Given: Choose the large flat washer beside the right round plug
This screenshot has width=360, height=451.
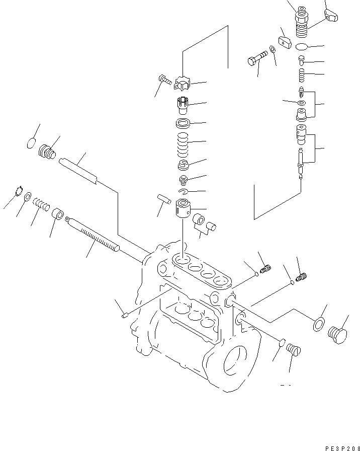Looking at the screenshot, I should [318, 325].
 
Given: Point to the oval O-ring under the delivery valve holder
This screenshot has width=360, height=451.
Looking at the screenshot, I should [302, 47].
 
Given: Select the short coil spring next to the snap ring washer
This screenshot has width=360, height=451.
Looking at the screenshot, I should [42, 204].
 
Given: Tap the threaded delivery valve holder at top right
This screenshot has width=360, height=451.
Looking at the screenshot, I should [302, 23].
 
